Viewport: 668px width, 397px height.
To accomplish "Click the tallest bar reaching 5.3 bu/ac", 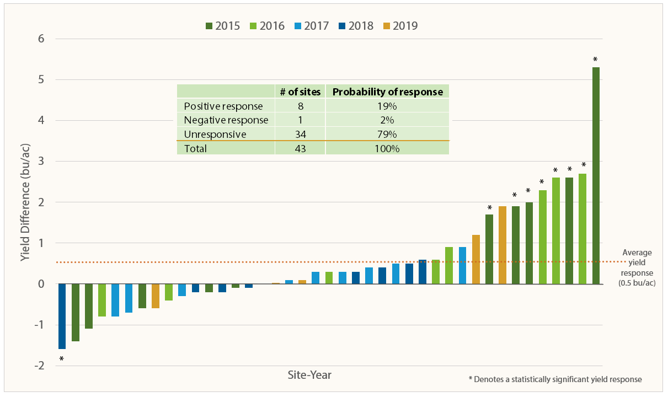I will [596, 175].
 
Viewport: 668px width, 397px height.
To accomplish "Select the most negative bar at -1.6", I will [62, 316].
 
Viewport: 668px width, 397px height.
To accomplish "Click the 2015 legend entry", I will [223, 25].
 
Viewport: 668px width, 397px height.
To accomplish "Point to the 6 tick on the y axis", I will [41, 39].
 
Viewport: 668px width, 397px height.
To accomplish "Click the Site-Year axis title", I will [309, 375].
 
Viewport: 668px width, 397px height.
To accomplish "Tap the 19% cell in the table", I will [387, 106].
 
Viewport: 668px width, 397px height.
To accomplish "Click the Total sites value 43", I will [300, 148].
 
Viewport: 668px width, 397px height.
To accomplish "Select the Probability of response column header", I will [387, 92].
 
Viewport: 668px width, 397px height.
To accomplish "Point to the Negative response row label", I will [226, 120].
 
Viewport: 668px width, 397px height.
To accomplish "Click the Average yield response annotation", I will [637, 267].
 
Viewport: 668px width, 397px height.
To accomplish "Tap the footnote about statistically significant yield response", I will [555, 379].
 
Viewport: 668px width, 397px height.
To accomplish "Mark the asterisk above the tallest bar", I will [595, 60].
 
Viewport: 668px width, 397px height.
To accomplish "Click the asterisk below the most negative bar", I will [61, 360].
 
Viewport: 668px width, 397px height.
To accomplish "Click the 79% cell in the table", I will [387, 134].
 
